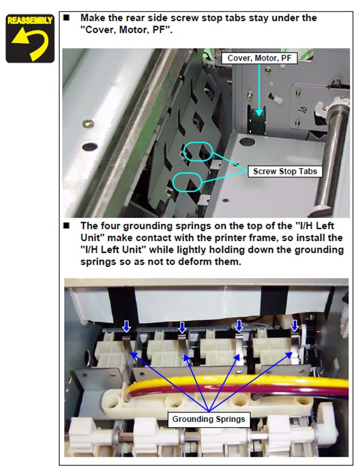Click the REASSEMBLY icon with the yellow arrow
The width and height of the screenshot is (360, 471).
click(x=30, y=38)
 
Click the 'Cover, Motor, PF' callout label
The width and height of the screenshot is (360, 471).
click(x=259, y=58)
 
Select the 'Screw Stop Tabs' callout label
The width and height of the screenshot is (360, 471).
click(x=285, y=171)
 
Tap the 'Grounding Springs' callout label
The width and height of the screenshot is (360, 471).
click(x=209, y=419)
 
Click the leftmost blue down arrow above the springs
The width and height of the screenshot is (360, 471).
click(x=127, y=326)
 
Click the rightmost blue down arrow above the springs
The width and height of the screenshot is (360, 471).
click(x=295, y=325)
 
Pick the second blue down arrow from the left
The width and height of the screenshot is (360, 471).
click(x=182, y=327)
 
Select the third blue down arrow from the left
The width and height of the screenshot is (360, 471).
click(x=239, y=326)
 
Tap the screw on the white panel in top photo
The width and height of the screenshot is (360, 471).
click(x=88, y=123)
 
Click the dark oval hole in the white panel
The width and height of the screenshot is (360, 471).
click(x=89, y=147)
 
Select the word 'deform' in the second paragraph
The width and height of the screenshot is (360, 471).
click(x=195, y=261)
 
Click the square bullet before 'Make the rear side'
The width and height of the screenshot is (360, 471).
click(x=66, y=18)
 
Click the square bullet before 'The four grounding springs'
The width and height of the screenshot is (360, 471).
click(x=66, y=225)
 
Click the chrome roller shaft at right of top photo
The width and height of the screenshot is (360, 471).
click(x=332, y=153)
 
